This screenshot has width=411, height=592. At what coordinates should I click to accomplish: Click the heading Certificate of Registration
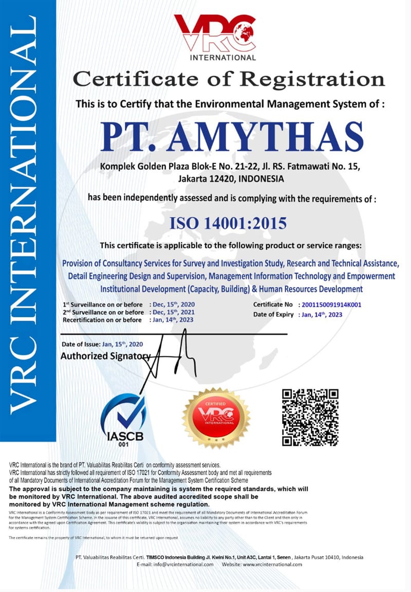(x=229, y=80)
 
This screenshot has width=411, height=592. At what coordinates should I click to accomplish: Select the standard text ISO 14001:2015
(x=229, y=223)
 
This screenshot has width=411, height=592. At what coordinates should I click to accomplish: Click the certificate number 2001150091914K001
(x=333, y=305)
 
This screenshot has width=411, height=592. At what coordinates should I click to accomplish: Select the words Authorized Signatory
(x=105, y=356)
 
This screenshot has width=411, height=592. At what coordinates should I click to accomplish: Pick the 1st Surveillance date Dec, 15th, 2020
(x=172, y=305)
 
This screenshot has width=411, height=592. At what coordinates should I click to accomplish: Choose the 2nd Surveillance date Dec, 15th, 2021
(x=172, y=312)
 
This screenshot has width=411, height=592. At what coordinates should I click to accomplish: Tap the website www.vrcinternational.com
(x=272, y=564)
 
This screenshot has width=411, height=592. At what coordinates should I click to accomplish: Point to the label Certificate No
(x=273, y=305)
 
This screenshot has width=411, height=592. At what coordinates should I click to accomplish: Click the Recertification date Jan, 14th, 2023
(x=171, y=320)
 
